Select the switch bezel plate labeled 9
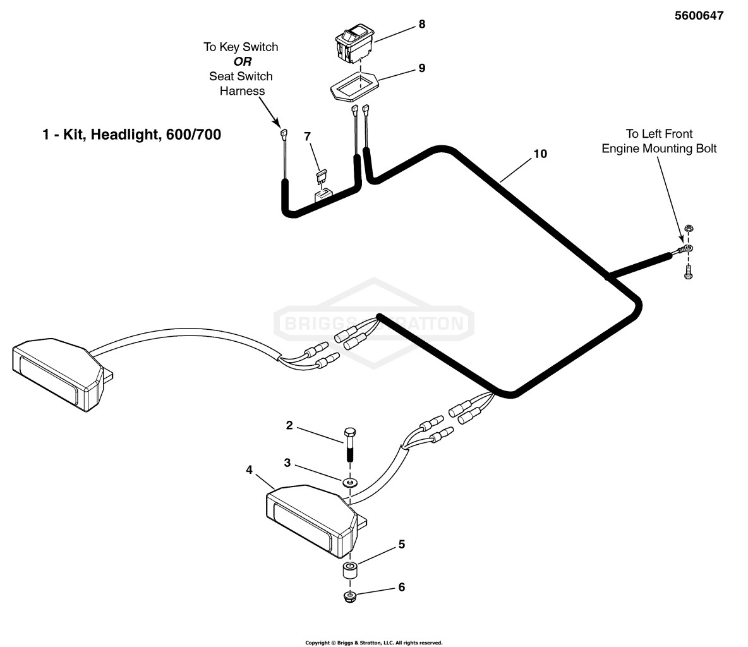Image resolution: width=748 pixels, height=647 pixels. coord(354,87)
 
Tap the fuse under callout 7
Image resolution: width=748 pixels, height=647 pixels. coord(323,176)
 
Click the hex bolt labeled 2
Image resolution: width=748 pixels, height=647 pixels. coord(349,444)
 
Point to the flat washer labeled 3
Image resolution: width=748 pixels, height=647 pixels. coord(349,482)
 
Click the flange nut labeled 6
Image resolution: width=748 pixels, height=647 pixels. coord(350,596)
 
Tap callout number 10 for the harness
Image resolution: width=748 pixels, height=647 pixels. coord(540,154)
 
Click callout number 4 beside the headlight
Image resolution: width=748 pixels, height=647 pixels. coord(249,470)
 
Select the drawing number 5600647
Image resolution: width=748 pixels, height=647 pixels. coord(699,15)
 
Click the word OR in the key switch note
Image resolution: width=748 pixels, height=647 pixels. coord(243,61)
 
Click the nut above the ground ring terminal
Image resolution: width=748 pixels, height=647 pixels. coord(688,229)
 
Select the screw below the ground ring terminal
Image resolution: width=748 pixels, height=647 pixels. coord(688,272)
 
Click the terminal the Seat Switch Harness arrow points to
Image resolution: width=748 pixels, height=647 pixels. coord(284,133)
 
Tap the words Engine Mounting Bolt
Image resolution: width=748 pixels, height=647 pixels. coord(659,148)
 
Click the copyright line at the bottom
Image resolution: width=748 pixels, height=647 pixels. coord(374,643)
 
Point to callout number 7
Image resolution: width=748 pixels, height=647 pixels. coord(307,136)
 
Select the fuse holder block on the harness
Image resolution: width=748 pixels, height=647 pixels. coord(323,195)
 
